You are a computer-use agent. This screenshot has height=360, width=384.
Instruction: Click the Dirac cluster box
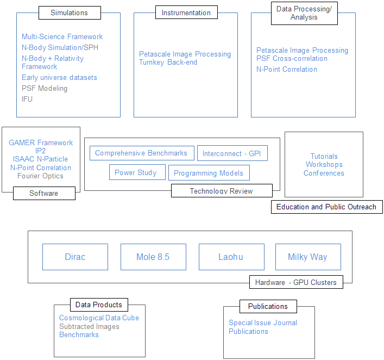(x=75, y=257)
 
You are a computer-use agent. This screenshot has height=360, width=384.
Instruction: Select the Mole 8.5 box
(x=153, y=257)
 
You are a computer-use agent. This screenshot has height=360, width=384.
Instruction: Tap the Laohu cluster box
(x=231, y=257)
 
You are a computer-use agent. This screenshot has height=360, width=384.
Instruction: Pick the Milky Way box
(x=308, y=257)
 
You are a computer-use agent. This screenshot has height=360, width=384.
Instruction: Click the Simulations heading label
(x=70, y=13)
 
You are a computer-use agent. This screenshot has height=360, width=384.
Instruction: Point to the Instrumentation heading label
(x=186, y=13)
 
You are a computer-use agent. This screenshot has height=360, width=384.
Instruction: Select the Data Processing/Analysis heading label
(x=304, y=13)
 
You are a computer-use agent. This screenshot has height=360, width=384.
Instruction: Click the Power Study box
(x=137, y=172)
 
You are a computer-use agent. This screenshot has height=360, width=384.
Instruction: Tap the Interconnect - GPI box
(x=232, y=153)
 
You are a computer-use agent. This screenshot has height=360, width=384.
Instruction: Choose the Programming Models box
(x=209, y=172)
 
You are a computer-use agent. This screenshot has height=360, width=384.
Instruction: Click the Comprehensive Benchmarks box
(x=142, y=153)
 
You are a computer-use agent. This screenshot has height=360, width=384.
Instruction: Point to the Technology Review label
(x=222, y=190)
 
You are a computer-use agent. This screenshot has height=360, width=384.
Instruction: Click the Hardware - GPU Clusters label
(x=296, y=282)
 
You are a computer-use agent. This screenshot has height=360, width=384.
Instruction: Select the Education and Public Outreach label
(x=326, y=207)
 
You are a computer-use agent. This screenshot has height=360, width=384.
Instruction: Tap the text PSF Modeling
(x=45, y=88)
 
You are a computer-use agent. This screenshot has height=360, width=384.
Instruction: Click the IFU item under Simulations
(x=27, y=99)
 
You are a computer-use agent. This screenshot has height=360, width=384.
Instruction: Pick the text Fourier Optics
(x=40, y=176)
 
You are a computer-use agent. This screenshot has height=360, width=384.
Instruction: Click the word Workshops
(x=324, y=164)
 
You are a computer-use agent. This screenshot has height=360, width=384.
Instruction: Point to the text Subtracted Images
(x=89, y=326)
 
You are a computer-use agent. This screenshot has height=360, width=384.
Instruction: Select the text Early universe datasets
(x=59, y=78)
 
